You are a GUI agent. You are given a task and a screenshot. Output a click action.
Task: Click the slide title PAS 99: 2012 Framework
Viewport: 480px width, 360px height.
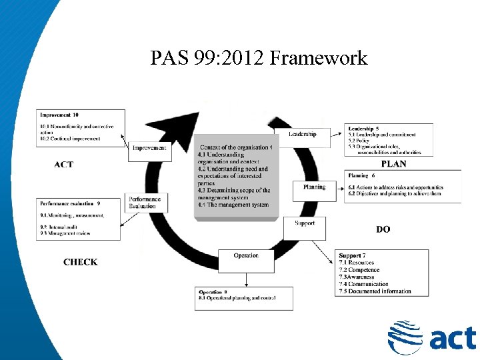pos(259,58)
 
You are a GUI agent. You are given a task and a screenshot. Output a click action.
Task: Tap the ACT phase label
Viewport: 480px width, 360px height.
pos(64,165)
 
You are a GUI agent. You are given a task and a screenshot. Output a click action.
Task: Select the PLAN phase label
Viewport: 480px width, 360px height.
pos(393,164)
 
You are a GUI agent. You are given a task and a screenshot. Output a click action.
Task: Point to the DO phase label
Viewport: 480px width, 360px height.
pos(383,229)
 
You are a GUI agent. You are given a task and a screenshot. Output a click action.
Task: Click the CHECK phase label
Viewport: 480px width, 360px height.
pos(81,262)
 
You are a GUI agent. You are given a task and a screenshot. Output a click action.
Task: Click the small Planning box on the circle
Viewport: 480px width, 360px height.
pos(315,187)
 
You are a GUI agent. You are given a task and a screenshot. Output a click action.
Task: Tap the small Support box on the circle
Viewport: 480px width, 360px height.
pos(305,223)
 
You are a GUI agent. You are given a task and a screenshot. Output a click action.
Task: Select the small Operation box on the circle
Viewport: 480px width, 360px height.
pos(246,256)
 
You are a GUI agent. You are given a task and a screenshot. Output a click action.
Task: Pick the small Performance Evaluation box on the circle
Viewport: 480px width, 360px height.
pos(145,203)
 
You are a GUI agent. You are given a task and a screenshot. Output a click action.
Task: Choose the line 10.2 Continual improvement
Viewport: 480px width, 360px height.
pos(70,139)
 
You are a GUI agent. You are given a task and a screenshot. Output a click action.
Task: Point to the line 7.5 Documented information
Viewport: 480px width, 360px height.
pos(375,291)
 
